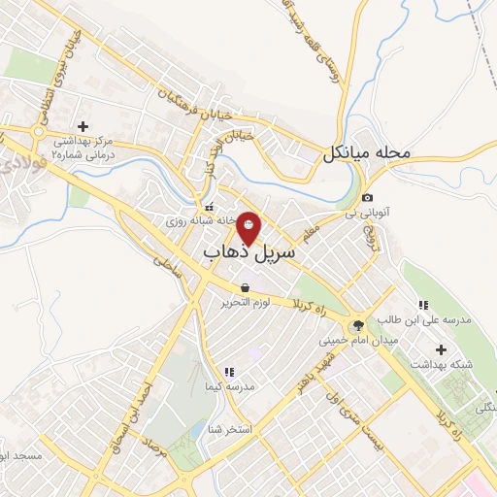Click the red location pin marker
click(x=249, y=226)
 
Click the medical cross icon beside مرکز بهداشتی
click(x=83, y=126)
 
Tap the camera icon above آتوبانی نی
click(x=367, y=198)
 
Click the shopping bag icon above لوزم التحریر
click(x=248, y=288)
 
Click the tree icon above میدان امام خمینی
click(x=360, y=324)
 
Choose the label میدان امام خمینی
click(x=360, y=341)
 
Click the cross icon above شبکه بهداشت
click(x=443, y=348)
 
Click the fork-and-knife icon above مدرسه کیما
click(x=229, y=371)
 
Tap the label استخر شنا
click(x=237, y=427)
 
